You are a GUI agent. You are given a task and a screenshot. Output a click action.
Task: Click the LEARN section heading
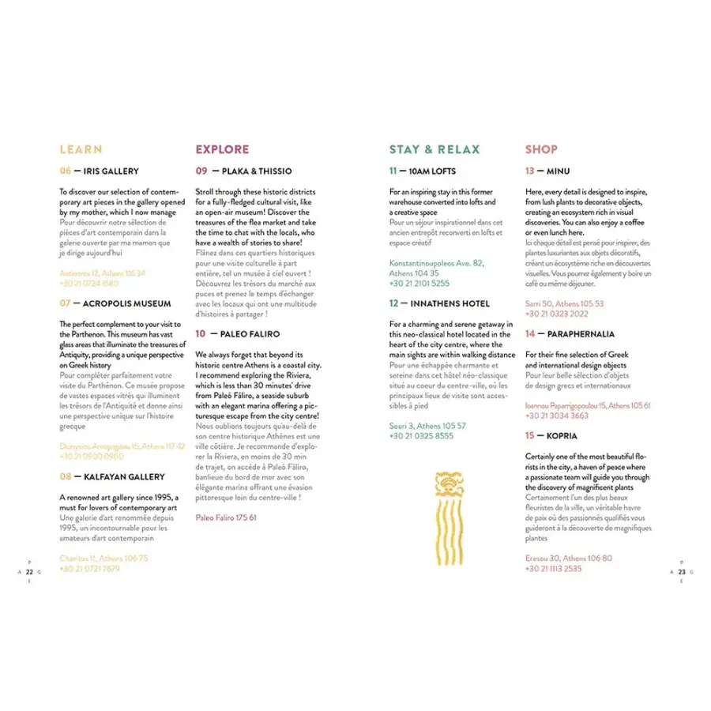click(x=81, y=149)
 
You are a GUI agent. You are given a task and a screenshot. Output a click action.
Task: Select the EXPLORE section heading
click(x=222, y=149)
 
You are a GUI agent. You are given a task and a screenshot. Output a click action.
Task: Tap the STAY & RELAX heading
click(x=434, y=149)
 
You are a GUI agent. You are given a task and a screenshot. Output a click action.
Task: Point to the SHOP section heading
click(x=541, y=149)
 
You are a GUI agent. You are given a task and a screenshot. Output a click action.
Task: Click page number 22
click(x=29, y=571)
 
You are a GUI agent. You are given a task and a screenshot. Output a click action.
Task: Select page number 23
click(x=681, y=571)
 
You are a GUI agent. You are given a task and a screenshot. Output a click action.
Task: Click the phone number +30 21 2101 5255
click(x=419, y=283)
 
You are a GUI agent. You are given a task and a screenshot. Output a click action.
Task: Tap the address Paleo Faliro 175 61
click(x=226, y=517)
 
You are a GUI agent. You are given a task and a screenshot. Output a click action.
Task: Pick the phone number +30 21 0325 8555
click(x=421, y=435)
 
